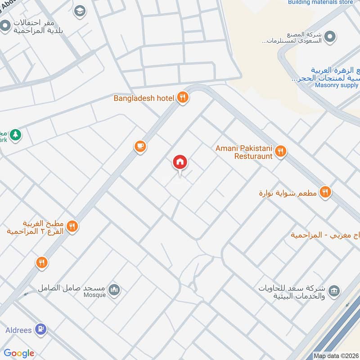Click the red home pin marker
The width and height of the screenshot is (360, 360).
tap(180, 162)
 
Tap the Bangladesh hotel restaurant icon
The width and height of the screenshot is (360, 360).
tap(182, 98)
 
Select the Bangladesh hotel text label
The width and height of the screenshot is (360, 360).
tap(144, 98)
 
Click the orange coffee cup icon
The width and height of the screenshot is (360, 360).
tap(140, 146)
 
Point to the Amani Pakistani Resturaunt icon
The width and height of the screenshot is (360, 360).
tap(281, 152)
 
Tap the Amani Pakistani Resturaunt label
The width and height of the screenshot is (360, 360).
tap(244, 152)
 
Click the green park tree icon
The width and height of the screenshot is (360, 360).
tap(16, 135)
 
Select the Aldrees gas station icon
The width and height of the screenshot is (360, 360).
tap(40, 330)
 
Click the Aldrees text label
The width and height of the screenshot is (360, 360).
tap(18, 330)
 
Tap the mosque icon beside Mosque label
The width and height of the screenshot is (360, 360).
tap(115, 290)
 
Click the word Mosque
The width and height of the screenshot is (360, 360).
tap(94, 295)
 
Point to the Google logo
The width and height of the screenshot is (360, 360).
tap(19, 353)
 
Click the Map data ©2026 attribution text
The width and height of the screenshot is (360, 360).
tap(335, 356)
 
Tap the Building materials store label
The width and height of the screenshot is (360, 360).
tap(320, 2)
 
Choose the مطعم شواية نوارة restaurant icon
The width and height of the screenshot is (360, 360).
tap(325, 193)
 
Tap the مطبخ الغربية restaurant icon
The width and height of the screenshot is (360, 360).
tap(72, 227)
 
